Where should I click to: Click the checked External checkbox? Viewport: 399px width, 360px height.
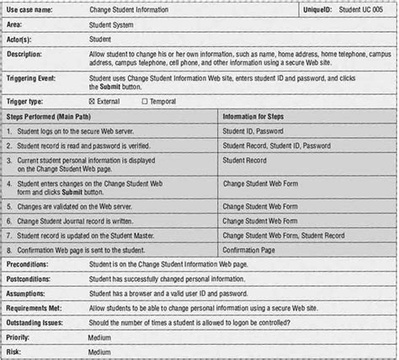coord(92,101)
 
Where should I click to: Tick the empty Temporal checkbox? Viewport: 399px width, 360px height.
coord(145,101)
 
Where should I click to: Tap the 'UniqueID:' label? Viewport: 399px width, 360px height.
coord(321,8)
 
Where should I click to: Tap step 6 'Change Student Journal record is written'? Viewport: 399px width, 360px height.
coord(83,220)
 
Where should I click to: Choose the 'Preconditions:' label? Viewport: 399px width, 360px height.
coord(30,265)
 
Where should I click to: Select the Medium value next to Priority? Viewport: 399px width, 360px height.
coord(99,336)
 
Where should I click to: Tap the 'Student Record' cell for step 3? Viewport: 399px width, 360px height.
coord(245,160)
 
